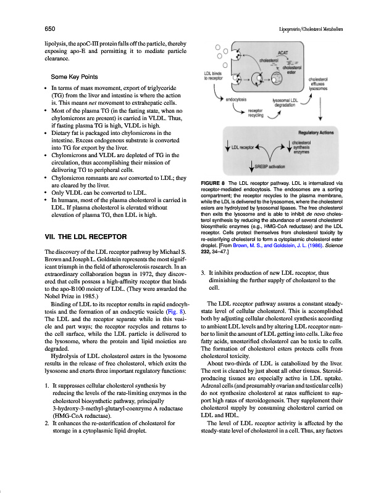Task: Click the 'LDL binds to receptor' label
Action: [214, 76]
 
